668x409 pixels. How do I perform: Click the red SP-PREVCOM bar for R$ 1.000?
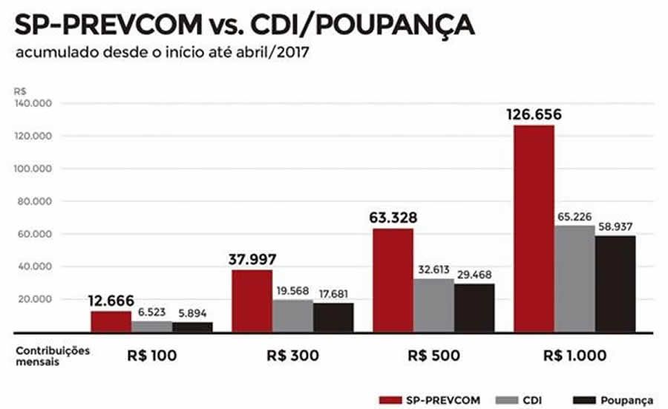tap(533, 229)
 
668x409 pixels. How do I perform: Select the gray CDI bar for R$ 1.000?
tap(574, 278)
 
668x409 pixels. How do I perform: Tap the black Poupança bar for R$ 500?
tap(474, 307)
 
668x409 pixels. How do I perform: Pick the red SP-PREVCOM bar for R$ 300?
tap(252, 301)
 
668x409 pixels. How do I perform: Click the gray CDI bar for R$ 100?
tap(151, 326)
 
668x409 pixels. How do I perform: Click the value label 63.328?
tap(393, 218)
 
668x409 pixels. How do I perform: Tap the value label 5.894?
tap(192, 313)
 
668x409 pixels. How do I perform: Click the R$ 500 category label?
tap(433, 356)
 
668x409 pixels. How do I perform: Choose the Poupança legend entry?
tap(630, 401)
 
